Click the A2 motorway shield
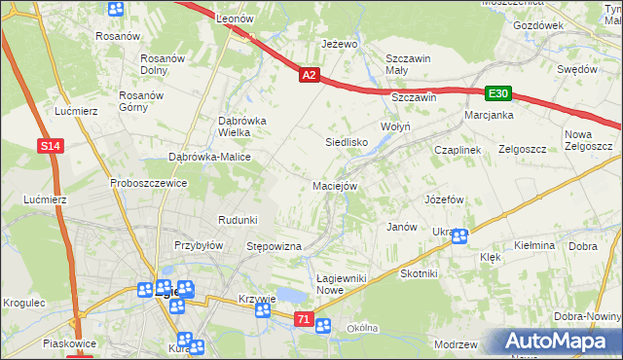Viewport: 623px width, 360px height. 309,74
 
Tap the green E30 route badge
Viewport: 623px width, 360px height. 498,93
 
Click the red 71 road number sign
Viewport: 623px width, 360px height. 305,319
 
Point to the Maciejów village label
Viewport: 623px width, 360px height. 337,185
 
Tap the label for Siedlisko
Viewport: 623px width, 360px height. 345,141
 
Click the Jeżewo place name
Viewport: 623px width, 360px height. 341,44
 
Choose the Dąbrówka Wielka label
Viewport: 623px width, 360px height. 228,126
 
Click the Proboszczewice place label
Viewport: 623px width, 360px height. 148,183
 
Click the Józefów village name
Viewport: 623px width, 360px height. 443,198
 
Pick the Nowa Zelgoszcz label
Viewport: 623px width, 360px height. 588,140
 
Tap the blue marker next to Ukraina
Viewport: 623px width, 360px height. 458,235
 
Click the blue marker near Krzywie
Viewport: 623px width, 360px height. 263,310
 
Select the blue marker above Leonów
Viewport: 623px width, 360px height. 116,10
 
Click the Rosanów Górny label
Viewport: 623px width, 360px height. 140,101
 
